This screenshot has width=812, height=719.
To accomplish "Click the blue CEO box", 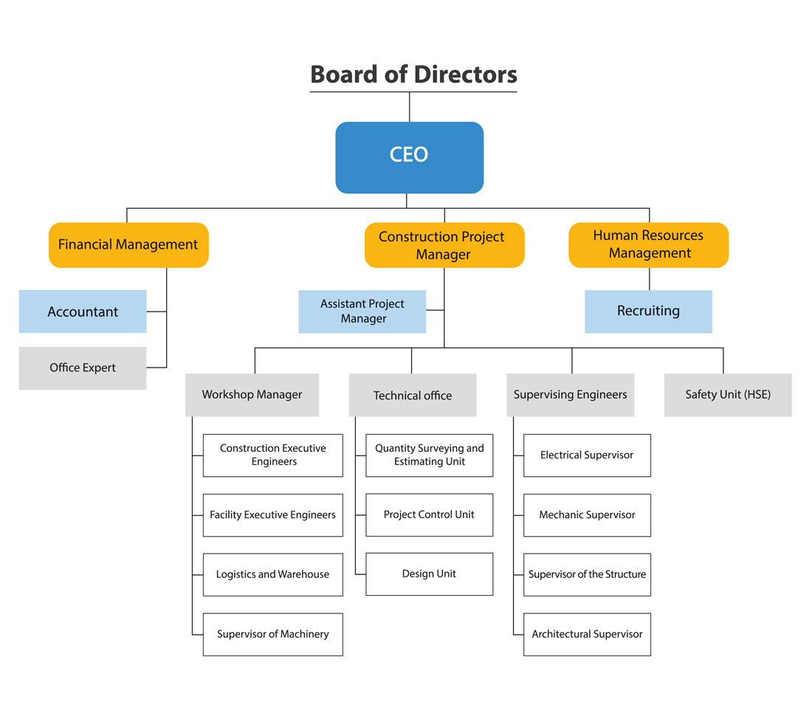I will pos(409,157).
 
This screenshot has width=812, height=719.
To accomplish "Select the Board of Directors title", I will pos(413,75).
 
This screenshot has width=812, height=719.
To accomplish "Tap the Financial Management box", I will pos(128,244).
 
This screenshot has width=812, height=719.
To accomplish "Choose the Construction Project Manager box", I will pos(444,245).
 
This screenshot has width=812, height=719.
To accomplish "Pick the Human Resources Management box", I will pos(648,244).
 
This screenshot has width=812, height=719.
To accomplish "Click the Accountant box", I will pos(83,312).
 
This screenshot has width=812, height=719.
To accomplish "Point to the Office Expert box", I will pos(83,368).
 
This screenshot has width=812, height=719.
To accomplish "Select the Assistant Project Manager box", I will pos(362,312).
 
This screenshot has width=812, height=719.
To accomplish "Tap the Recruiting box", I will pos(648,311).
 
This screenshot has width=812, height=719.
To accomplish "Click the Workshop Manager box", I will pos(252,395).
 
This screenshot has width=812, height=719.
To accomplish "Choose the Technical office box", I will pos(413,395).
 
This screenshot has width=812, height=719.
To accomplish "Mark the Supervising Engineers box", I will pos(570,395).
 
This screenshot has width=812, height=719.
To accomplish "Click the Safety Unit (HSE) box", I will pos(728,395).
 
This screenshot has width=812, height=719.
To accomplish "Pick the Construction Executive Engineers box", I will pos(273,455).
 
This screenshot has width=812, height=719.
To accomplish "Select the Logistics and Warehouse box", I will pos(273,574).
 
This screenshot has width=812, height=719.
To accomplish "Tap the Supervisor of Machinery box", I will pos(273,634).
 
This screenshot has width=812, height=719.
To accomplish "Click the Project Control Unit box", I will pos(429,515).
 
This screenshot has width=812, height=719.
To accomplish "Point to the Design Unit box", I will pos(429,574).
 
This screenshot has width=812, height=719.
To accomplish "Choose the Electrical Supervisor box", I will pos(587,455).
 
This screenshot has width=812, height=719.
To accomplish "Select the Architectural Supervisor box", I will pos(587,634).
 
